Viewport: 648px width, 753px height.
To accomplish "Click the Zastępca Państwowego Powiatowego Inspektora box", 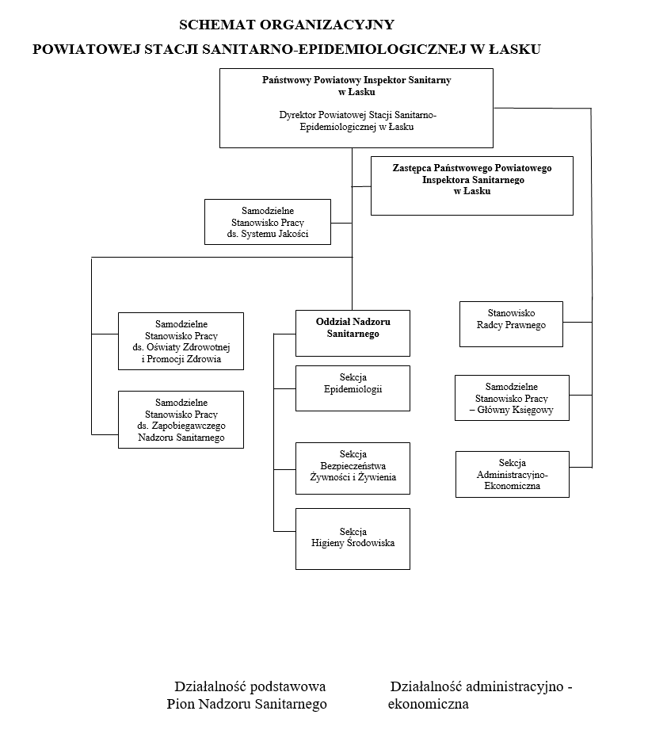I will (471, 185).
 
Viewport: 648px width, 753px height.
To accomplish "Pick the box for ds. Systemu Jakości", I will (267, 222).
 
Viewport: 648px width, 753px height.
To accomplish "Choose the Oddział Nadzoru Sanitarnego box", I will (353, 333).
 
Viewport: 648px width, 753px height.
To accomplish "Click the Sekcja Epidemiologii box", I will (353, 388).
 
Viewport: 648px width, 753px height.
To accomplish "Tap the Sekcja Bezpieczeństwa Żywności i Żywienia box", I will (353, 465).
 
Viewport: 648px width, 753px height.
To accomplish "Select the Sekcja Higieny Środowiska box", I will (353, 538).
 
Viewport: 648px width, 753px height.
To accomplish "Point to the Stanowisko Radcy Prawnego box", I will (512, 323).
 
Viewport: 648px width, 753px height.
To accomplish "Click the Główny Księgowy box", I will (512, 397).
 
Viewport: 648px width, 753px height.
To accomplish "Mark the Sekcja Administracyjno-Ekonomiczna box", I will (512, 474).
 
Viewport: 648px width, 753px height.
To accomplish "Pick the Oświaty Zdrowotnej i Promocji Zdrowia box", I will (181, 341).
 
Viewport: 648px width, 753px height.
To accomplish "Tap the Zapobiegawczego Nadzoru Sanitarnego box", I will (181, 419).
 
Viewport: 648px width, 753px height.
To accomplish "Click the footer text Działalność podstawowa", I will (250, 686).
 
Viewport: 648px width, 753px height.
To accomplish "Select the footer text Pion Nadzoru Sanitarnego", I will (246, 704).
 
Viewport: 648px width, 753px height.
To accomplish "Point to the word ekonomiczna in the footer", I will (428, 704).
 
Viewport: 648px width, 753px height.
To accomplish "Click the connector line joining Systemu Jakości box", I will (341, 223).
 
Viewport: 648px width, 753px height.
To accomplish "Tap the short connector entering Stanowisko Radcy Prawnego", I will (577, 322).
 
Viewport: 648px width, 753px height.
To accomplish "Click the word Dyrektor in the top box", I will (298, 115).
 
